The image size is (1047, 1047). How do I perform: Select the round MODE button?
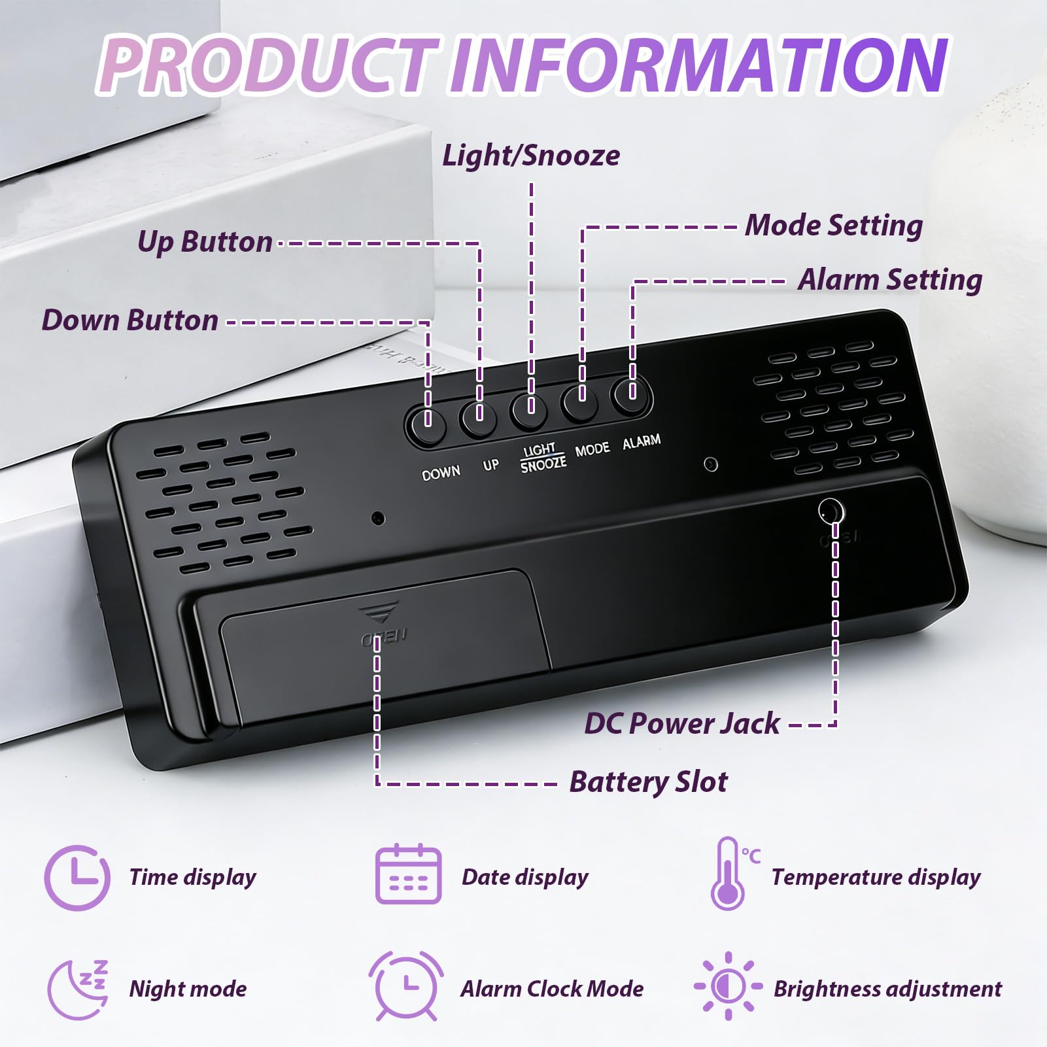pyautogui.click(x=580, y=401)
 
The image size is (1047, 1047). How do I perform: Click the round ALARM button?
pyautogui.click(x=630, y=394)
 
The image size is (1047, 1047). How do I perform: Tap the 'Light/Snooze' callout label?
pyautogui.click(x=531, y=156)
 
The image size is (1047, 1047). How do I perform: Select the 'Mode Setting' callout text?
pyautogui.click(x=834, y=226)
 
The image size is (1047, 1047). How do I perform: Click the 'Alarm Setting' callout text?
pyautogui.click(x=890, y=280)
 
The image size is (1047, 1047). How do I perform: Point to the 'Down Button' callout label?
pyautogui.click(x=129, y=320)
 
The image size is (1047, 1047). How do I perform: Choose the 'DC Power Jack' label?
pyautogui.click(x=682, y=723)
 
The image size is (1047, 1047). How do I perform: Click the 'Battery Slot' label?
pyautogui.click(x=648, y=781)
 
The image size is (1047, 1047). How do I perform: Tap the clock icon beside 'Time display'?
pyautogui.click(x=77, y=878)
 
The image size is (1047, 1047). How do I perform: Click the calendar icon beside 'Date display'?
pyautogui.click(x=409, y=874)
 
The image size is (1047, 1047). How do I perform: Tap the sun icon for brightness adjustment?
pyautogui.click(x=728, y=986)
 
